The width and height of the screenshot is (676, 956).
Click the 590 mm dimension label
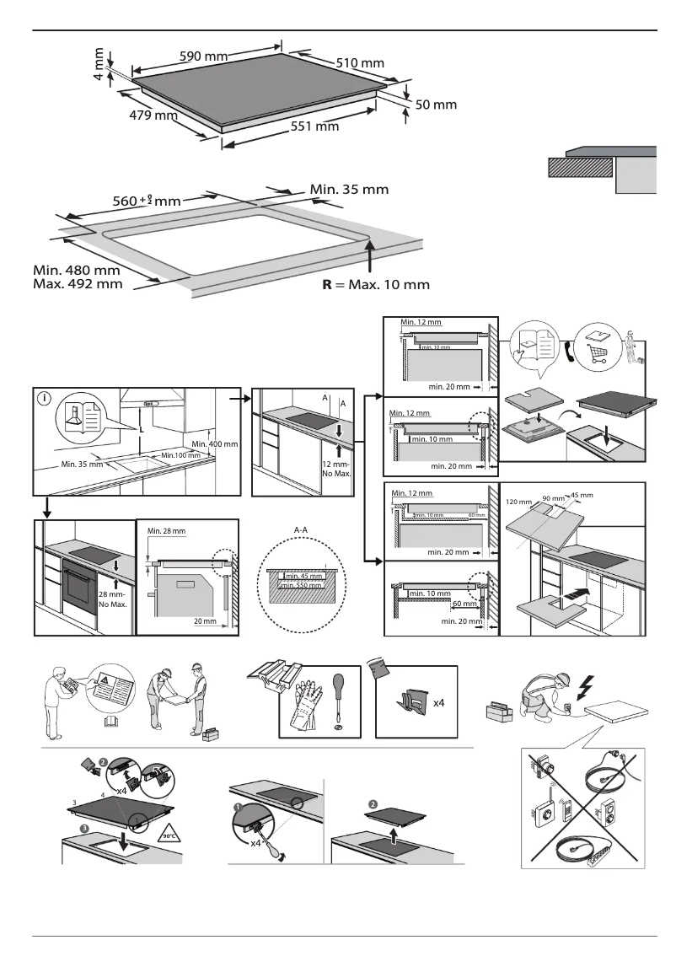pyautogui.click(x=204, y=56)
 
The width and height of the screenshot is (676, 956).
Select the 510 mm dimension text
pyautogui.click(x=360, y=63)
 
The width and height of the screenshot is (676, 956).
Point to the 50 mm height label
pyautogui.click(x=436, y=105)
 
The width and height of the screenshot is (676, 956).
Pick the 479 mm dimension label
pyautogui.click(x=153, y=115)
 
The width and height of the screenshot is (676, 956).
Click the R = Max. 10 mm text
pyautogui.click(x=376, y=284)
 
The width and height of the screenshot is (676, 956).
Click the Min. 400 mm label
pyautogui.click(x=215, y=443)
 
